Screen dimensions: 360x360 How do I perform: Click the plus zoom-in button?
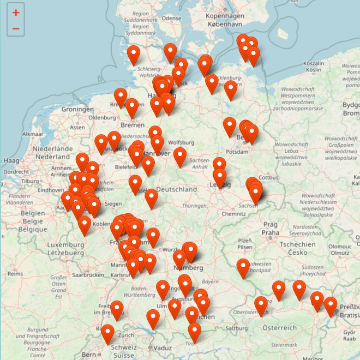coord(16,13)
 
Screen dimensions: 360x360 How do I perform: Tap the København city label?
coord(224,25)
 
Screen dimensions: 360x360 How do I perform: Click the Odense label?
coord(171,18)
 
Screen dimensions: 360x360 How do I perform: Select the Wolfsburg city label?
coord(181,143)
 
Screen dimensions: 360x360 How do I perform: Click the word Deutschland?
coord(177,189)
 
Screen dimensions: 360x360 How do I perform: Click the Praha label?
coord(270,233)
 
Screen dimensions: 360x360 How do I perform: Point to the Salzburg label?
coord(237,328)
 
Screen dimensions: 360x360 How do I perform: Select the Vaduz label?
coord(163,347)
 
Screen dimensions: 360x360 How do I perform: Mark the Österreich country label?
coord(280,327)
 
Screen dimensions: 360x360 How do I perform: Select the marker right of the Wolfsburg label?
coord(180,157)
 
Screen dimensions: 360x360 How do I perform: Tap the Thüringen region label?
coord(195,206)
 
